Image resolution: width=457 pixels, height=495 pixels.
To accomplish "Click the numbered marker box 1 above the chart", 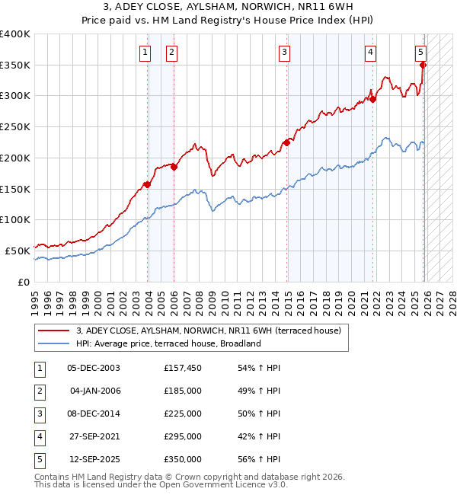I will point(145,52).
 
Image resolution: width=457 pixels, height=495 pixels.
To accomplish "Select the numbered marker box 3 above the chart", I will point(284,52).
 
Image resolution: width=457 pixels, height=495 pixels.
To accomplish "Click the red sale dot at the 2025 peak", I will point(423,65).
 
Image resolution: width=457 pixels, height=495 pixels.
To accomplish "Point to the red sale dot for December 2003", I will point(147,184).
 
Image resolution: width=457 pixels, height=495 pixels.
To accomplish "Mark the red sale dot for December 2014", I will point(287,142).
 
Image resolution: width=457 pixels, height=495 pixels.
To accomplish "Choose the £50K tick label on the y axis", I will point(18,251).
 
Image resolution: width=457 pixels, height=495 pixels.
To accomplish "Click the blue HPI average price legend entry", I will point(168,343).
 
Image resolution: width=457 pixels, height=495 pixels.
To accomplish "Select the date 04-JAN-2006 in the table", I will point(94,391).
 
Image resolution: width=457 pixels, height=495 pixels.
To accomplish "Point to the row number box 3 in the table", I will point(39,414).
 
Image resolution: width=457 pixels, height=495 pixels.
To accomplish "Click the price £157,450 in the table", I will point(183,368).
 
